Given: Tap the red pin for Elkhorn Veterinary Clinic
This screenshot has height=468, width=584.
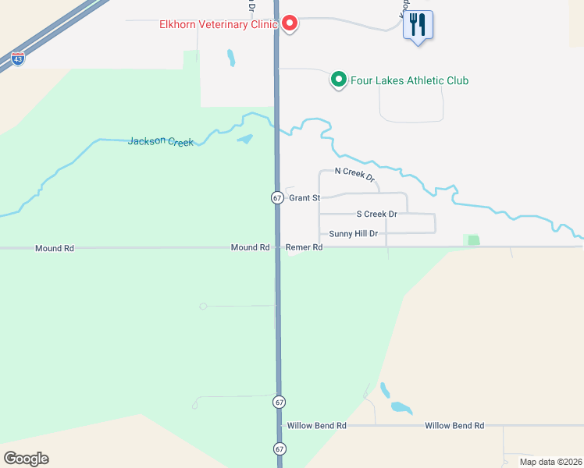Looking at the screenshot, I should (x=290, y=23).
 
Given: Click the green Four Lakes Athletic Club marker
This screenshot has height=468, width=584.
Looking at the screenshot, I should (x=339, y=80).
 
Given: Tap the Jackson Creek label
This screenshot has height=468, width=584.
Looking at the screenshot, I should (x=160, y=141).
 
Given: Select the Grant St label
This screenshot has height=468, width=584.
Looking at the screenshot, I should (x=304, y=198).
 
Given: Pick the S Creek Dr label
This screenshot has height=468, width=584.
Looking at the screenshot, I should (x=377, y=214).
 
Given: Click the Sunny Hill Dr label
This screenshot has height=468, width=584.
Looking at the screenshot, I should (x=354, y=233).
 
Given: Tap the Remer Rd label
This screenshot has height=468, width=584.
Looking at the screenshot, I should (x=304, y=247).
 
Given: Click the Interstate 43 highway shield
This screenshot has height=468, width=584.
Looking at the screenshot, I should (x=18, y=58).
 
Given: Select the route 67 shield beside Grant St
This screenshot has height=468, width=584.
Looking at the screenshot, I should (x=277, y=198).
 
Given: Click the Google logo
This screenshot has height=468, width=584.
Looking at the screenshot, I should (x=26, y=459).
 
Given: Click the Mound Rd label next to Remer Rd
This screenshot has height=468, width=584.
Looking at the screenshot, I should (x=250, y=247).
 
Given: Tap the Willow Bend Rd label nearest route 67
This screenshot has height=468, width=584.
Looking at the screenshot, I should (x=316, y=426).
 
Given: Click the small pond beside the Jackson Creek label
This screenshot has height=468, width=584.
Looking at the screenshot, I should (x=245, y=140).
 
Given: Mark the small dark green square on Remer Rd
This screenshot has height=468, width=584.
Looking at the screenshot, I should (x=473, y=240).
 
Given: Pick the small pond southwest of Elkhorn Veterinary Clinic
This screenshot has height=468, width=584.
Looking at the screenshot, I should (x=230, y=58).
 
